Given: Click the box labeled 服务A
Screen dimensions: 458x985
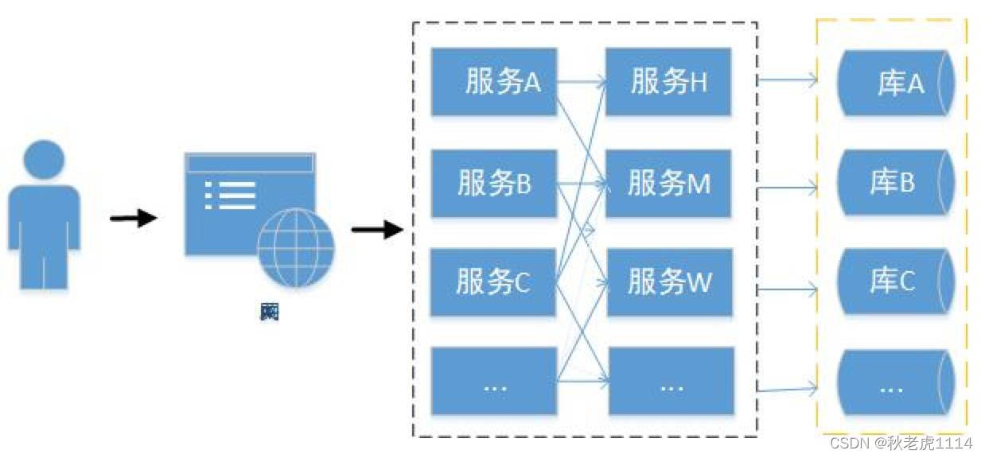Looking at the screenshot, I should point(493,82).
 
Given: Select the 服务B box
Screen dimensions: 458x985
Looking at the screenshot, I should point(493,183).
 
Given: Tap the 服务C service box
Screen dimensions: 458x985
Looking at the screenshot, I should point(493,281).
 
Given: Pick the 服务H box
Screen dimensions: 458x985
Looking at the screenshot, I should point(668,82).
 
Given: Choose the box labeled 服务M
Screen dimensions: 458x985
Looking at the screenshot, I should point(668,183).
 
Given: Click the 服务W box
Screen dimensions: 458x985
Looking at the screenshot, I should point(668,281).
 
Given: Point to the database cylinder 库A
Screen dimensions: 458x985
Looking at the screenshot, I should point(896,84).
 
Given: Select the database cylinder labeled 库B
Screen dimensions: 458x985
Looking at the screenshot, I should point(896,183).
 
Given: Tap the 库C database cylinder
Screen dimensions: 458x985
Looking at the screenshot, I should point(896,281).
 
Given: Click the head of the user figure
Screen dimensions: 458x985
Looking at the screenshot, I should point(44,160).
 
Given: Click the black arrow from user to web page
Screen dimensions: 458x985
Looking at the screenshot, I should point(133,218).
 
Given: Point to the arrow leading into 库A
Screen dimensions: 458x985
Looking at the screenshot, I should point(788,80).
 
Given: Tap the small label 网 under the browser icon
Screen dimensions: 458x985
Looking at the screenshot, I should point(270,312).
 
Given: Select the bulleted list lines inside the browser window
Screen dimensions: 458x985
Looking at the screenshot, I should point(231,196).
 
